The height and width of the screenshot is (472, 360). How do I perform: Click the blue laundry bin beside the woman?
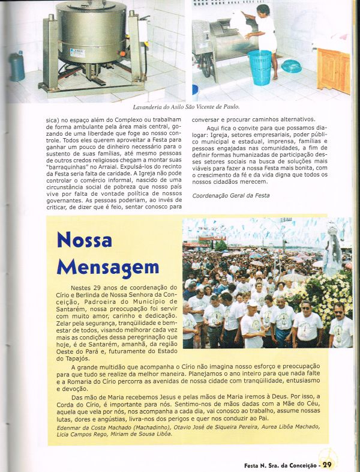pyautogui.click(x=259, y=67)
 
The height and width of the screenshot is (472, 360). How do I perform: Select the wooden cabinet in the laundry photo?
pyautogui.click(x=333, y=69)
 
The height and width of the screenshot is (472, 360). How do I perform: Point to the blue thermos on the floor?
pyautogui.click(x=17, y=65)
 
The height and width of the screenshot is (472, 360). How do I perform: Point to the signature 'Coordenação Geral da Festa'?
pyautogui.click(x=230, y=196)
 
